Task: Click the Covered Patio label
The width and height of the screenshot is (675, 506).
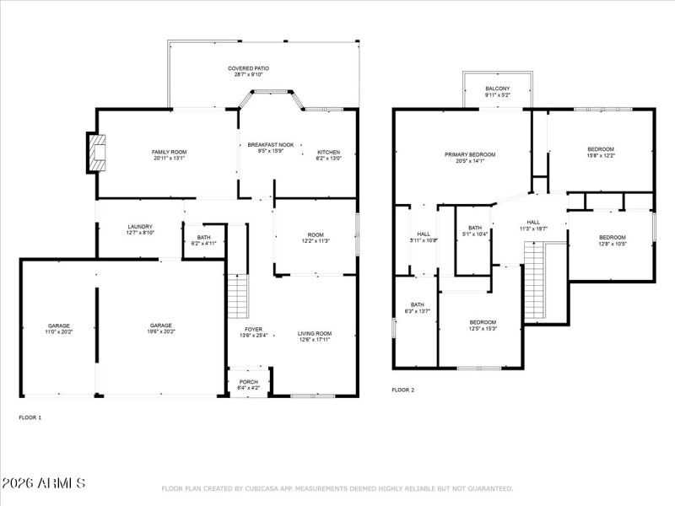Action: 249,68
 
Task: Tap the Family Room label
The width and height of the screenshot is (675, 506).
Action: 169,152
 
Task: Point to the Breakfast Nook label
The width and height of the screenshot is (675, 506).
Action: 270,146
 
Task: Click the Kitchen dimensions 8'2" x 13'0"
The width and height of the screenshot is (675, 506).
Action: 328,159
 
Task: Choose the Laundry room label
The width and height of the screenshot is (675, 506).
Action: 140,226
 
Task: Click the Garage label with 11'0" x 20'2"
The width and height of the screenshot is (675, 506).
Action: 59,326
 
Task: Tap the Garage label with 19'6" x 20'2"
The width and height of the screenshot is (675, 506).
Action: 161,326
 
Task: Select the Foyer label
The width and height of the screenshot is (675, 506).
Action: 253,329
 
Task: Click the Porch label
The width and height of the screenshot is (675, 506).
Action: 249,382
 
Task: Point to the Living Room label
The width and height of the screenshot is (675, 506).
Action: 315,334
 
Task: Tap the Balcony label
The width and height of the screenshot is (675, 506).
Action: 497,89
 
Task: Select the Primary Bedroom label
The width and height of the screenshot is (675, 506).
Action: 470,154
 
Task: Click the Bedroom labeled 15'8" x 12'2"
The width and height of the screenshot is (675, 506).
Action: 601,149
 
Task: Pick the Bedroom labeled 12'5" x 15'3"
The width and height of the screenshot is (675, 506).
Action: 483,322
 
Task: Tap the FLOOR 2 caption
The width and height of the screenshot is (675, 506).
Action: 403,390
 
